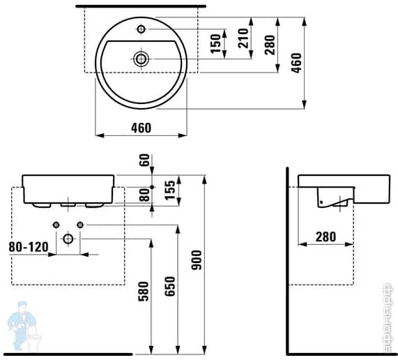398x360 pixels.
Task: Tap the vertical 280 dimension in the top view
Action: point(270,44)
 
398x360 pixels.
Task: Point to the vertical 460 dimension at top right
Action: point(296,63)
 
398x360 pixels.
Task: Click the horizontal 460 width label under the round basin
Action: point(141,128)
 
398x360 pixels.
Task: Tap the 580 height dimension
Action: point(144,292)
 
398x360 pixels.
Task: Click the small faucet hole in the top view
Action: point(141,29)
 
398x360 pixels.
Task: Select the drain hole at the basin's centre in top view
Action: point(141,58)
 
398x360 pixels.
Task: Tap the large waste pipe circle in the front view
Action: point(68,239)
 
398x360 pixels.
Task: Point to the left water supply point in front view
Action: point(55,224)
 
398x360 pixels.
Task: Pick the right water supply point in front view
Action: point(81,224)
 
